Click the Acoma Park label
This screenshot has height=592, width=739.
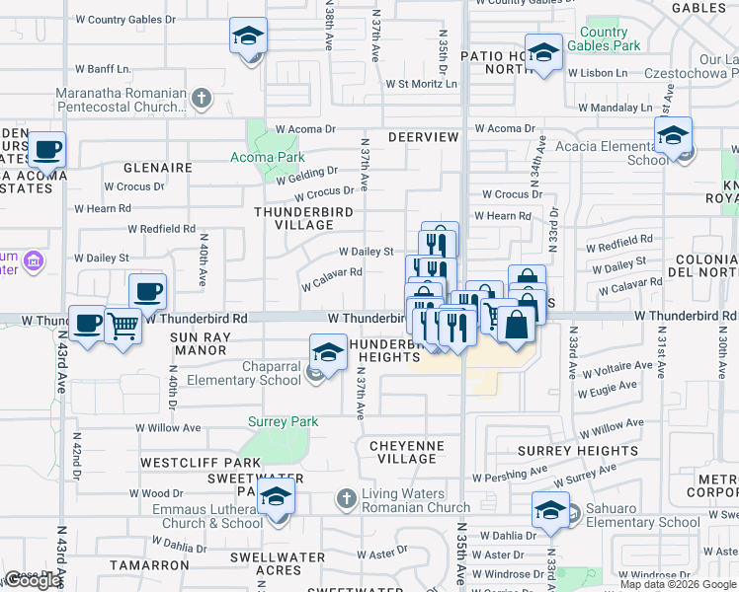[x=267, y=157]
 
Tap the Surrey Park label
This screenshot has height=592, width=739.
[x=283, y=422]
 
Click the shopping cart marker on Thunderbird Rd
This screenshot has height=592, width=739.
[x=123, y=325]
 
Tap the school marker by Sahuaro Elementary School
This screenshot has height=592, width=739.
[x=550, y=510]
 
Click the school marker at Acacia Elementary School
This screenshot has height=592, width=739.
[x=673, y=135]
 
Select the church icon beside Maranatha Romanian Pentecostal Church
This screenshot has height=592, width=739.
[x=202, y=98]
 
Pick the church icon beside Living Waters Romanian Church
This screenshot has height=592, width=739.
[x=346, y=499]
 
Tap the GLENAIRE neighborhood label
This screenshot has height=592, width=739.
[x=157, y=168]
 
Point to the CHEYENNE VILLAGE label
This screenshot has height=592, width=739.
[x=407, y=452]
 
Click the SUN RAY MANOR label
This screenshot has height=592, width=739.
[x=200, y=343]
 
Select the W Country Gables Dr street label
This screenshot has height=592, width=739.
[x=125, y=19]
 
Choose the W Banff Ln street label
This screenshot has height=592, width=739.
[x=102, y=70]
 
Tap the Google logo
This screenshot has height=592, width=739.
[x=34, y=580]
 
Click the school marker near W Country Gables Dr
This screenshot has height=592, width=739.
[x=248, y=37]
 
